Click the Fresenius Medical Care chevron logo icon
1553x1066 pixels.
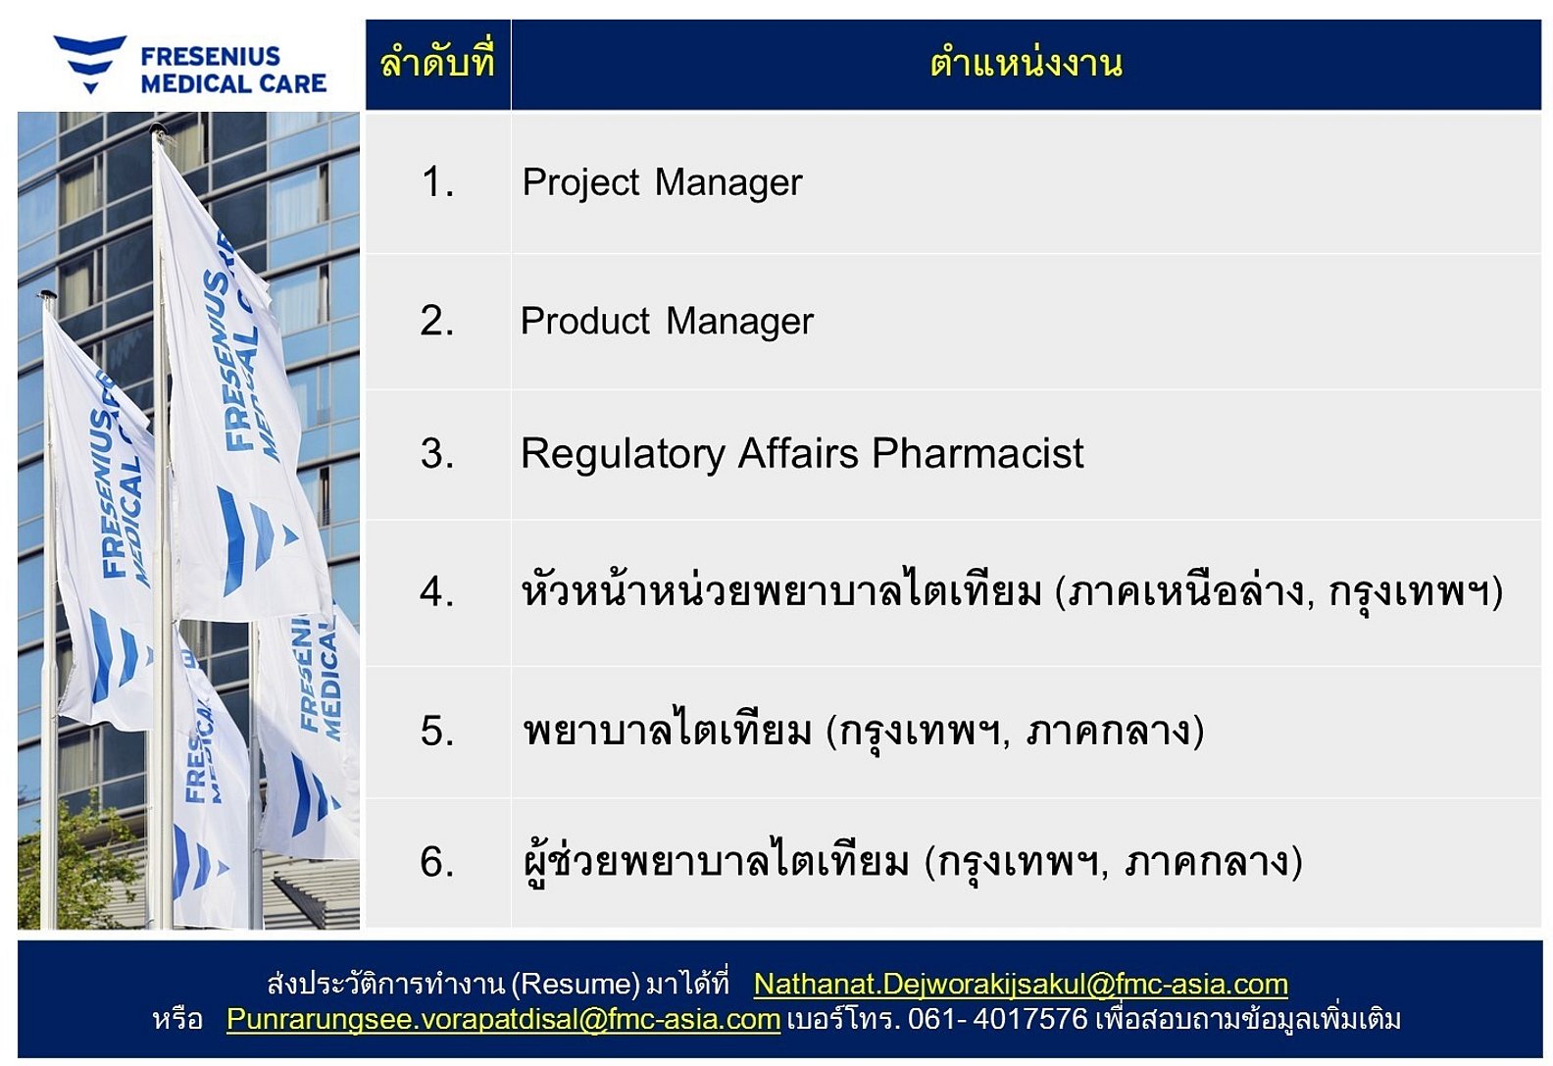tap(90, 63)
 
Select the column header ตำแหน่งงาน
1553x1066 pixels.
tap(1026, 63)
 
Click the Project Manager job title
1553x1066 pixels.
tap(662, 182)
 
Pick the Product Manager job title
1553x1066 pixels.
tap(667, 321)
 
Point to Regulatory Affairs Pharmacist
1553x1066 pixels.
tap(801, 454)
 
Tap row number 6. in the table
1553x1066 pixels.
tap(437, 862)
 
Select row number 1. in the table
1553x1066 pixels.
tap(437, 182)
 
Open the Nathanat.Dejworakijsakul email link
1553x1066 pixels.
tap(1021, 985)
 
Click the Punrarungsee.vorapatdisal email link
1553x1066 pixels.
tap(503, 1020)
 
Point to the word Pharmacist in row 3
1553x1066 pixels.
tap(977, 453)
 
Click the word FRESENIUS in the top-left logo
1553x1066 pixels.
tap(210, 56)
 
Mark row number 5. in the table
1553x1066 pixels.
tap(437, 731)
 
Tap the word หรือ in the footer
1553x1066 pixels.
tap(177, 1020)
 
